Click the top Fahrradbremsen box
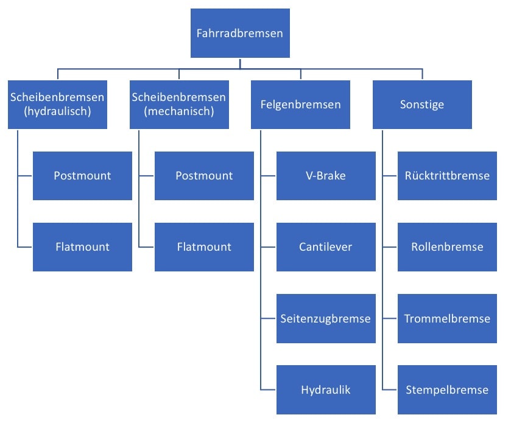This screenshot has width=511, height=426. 240,33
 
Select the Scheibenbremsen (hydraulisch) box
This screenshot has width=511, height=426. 57,104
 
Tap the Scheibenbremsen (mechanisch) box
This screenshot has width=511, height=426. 179,104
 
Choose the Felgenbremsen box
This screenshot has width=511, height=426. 300,104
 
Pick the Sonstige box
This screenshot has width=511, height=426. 422,104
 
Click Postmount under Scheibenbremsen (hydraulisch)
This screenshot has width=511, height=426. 82,176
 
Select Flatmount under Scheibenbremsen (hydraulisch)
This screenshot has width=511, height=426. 82,247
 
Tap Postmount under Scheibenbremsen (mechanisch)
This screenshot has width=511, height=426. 204,176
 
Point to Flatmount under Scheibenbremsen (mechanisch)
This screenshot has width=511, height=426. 204,247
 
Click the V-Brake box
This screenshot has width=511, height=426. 326,176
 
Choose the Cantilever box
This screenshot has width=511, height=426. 326,247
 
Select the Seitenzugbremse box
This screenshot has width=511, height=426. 326,318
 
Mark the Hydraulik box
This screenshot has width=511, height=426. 326,389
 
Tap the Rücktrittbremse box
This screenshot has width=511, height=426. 447,176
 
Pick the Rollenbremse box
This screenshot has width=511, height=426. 447,247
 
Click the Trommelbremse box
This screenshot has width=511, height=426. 447,318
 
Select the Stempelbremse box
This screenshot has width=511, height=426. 447,389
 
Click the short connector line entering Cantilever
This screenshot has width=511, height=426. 269,247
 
